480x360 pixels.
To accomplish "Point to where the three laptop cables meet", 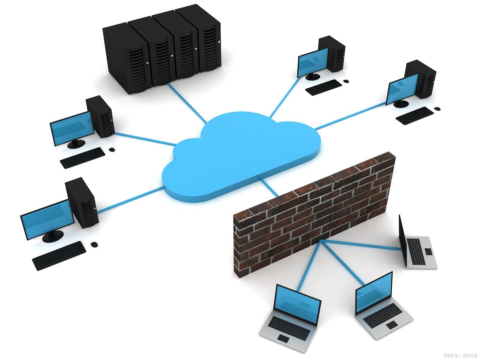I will (322, 241).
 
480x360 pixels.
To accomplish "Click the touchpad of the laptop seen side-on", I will (428, 251).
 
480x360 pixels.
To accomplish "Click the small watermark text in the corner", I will (460, 355).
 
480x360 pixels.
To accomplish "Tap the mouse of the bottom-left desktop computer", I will (94, 244).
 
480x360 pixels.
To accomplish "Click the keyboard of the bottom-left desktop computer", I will (59, 255).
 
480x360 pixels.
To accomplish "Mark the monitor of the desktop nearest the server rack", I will (72, 128).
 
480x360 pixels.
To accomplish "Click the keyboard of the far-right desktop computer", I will (415, 115).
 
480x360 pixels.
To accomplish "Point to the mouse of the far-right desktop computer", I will (437, 109).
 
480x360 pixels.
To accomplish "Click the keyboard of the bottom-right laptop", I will (383, 315).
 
